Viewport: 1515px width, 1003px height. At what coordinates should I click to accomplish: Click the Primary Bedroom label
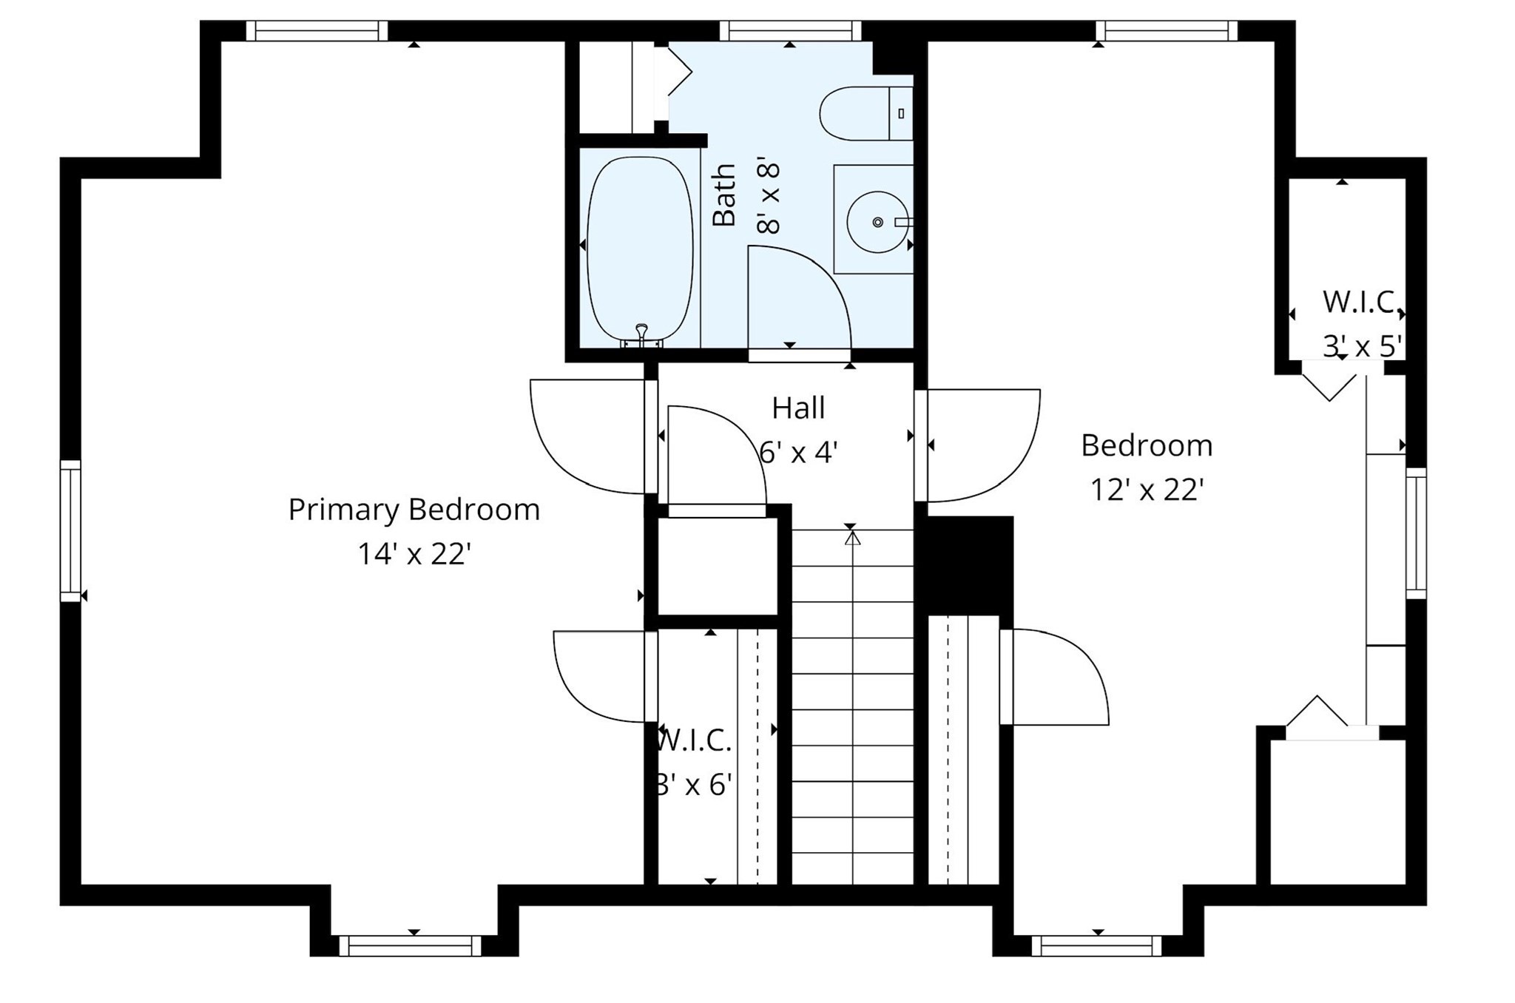[x=414, y=510]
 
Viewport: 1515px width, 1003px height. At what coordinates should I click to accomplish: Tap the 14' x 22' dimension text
[x=414, y=553]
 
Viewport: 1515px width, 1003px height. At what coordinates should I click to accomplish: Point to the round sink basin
[x=877, y=221]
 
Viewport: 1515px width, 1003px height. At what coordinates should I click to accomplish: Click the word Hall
[x=798, y=408]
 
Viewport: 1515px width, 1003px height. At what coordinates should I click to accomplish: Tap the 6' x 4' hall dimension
[x=798, y=452]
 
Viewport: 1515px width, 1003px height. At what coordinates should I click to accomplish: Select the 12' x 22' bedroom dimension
[x=1147, y=490]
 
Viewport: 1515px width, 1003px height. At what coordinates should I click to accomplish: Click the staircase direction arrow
[x=852, y=538]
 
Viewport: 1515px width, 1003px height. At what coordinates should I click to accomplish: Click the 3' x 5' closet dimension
[x=1362, y=345]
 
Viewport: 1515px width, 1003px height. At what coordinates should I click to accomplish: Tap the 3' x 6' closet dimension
[x=694, y=784]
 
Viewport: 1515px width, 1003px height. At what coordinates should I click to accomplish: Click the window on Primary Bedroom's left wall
[x=70, y=530]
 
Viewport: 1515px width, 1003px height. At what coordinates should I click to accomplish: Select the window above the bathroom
[x=790, y=31]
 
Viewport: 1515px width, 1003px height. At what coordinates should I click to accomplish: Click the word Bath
[x=724, y=195]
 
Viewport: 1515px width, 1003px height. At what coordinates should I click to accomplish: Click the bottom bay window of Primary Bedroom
[x=411, y=945]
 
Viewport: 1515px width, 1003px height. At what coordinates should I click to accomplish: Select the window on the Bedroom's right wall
[x=1415, y=533]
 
